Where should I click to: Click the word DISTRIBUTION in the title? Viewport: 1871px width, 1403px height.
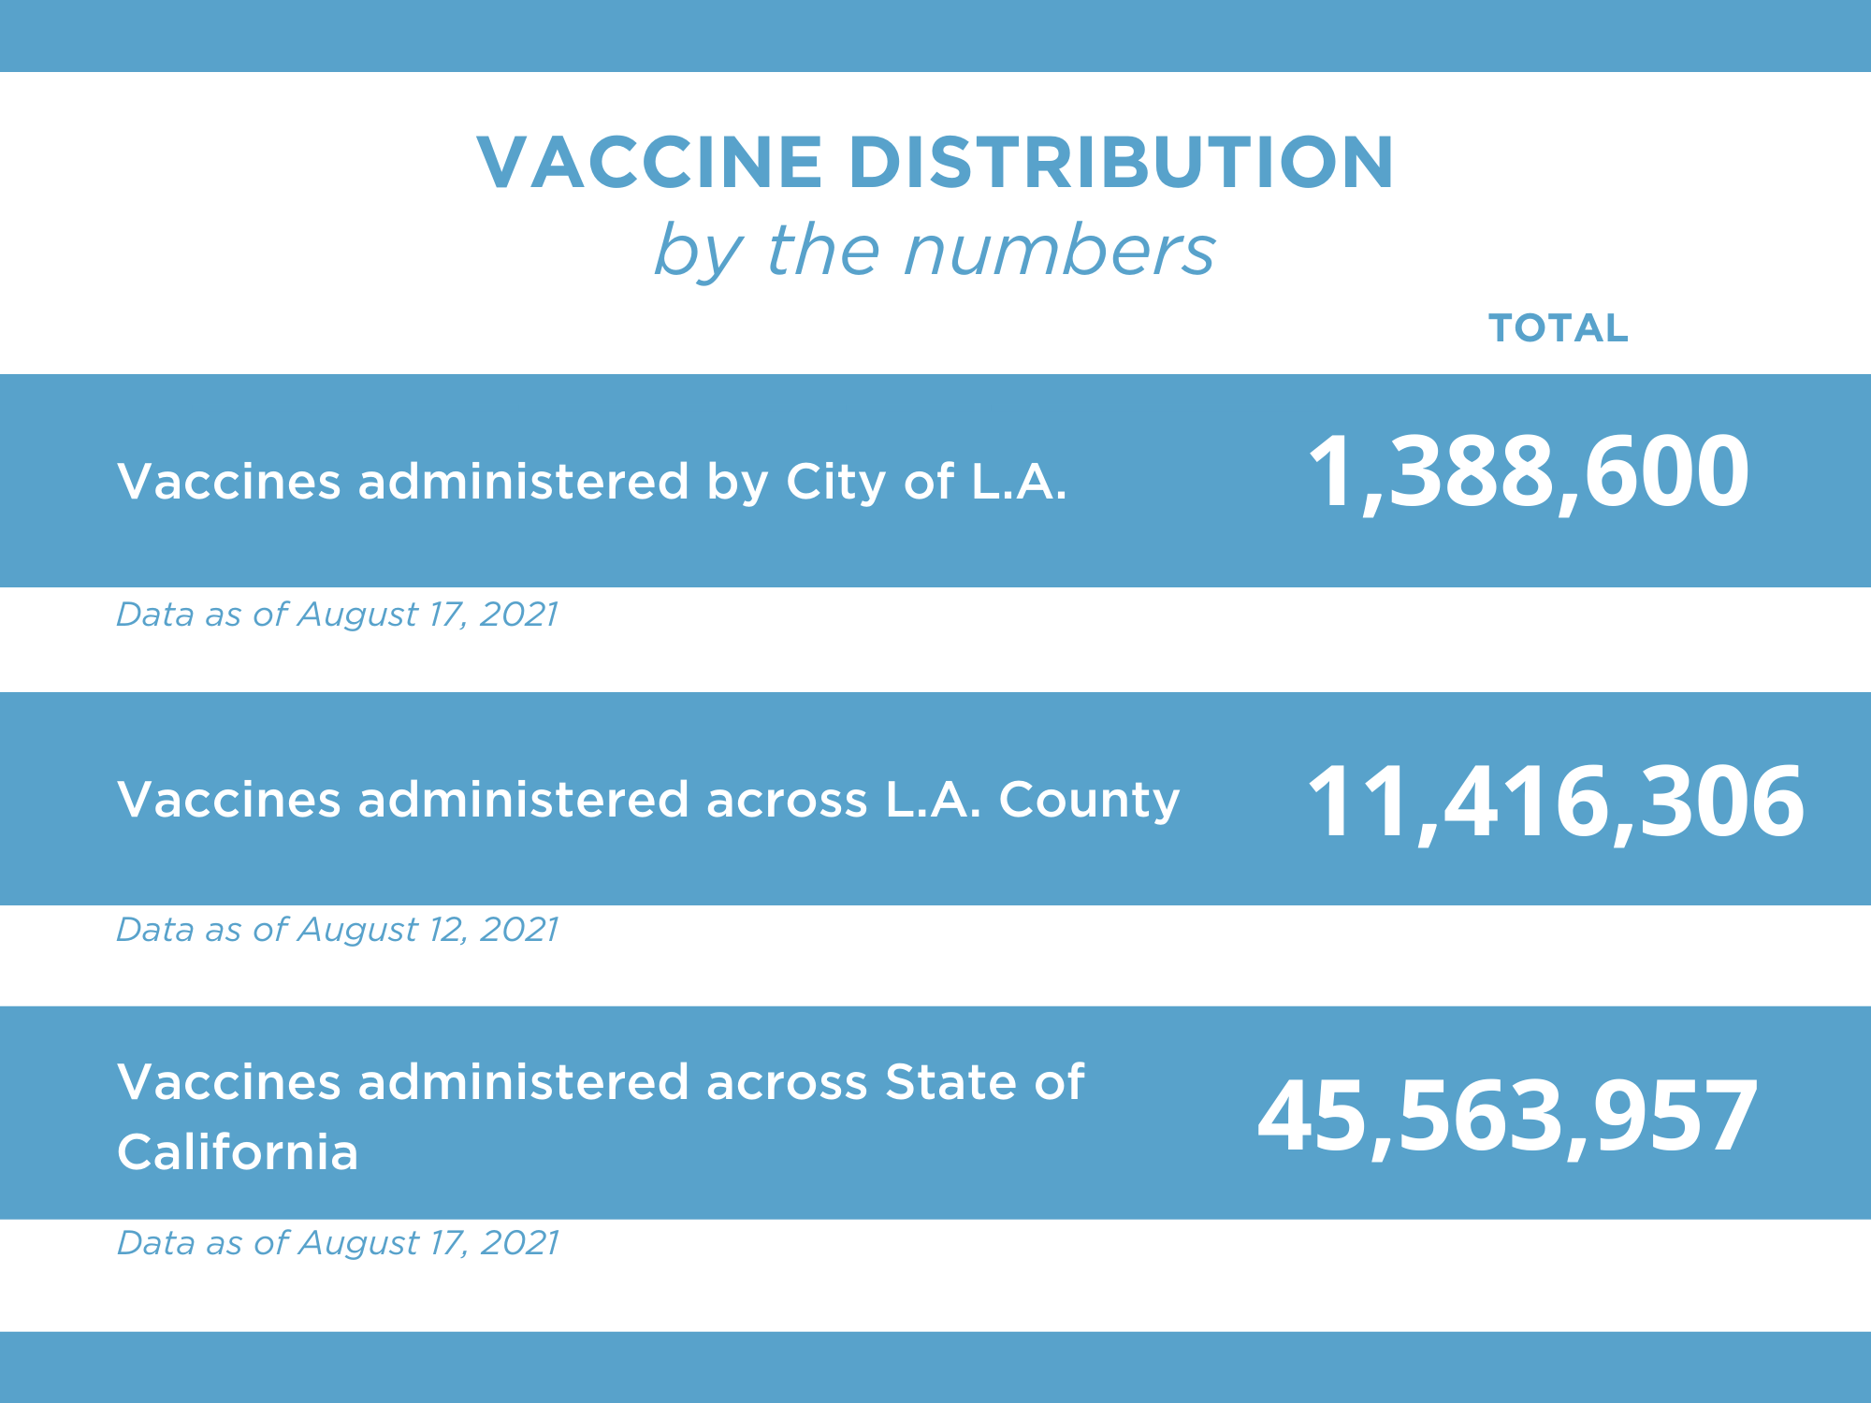tap(1122, 163)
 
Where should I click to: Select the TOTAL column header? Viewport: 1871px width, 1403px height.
tap(1559, 328)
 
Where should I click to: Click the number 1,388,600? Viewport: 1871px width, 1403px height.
tap(1527, 472)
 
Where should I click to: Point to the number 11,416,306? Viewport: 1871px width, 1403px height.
tap(1555, 802)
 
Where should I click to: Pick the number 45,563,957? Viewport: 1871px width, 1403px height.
tap(1507, 1116)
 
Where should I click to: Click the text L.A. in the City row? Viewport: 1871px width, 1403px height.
tap(1019, 482)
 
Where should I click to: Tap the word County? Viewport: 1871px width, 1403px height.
tap(1089, 801)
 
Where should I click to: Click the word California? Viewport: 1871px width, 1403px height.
tap(238, 1151)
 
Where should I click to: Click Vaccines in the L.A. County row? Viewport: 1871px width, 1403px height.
tap(229, 801)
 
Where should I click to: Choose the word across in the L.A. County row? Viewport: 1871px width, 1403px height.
tap(787, 801)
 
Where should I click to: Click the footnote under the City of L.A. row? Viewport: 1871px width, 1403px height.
tap(337, 615)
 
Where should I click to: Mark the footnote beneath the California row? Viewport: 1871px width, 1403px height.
tap(337, 1243)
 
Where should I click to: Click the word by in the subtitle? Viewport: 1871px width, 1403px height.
tap(698, 253)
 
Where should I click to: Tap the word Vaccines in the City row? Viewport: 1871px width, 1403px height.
tap(229, 482)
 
